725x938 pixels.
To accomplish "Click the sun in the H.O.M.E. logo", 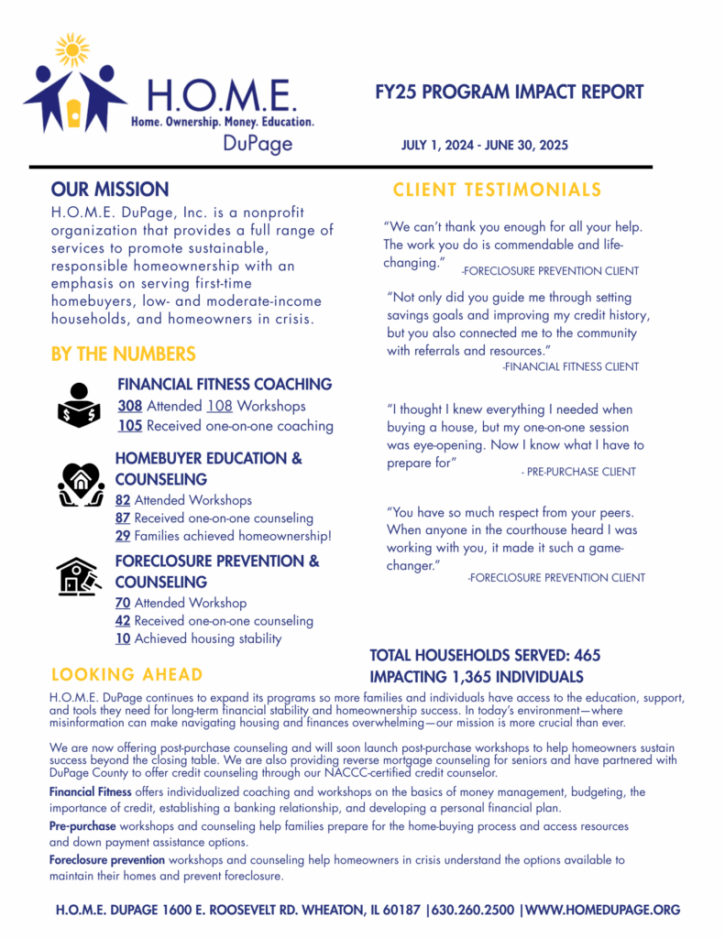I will click(71, 49).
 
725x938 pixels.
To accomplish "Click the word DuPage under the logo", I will click(258, 144).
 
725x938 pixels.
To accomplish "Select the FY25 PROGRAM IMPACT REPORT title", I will click(510, 93).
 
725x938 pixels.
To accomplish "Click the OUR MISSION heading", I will click(110, 190).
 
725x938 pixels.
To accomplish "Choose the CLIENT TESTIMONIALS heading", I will click(497, 190).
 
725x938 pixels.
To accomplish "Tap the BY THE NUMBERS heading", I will click(124, 354).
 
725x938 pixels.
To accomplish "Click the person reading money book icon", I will click(80, 404).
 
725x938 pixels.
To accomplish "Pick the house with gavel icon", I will click(77, 576).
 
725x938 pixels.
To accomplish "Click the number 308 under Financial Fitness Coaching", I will click(129, 406).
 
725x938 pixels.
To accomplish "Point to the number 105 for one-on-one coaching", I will click(129, 426).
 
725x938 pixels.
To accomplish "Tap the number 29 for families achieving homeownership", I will click(123, 536).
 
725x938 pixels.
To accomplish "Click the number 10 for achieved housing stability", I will click(123, 638).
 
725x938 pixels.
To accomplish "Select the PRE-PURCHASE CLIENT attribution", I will click(577, 472).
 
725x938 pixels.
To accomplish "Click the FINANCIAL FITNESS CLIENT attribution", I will click(570, 366).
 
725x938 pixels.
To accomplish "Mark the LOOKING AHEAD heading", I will click(126, 675).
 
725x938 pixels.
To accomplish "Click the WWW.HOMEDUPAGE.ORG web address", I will click(603, 910).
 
